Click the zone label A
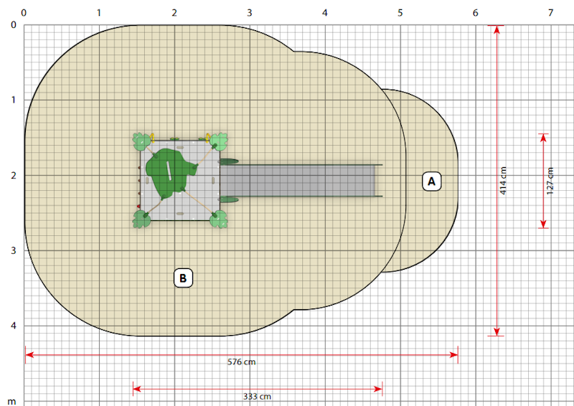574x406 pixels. pos(432,181)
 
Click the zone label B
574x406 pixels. pos(183,278)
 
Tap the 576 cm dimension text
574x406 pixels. pos(242,362)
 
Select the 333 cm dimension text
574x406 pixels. pos(257,397)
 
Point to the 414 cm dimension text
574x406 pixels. pos(503,181)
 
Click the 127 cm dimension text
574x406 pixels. pos(550,181)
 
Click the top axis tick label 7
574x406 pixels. pos(550,13)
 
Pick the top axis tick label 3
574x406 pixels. pos(249,13)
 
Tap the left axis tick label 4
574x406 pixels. pos(14,326)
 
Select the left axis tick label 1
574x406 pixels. pos(14,100)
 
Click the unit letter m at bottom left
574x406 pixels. pos(11,402)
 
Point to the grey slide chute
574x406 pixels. pos(297,181)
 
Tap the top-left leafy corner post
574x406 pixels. pos(141,142)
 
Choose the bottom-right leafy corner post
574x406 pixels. pos(219,219)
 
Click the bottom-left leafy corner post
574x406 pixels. pos(141,219)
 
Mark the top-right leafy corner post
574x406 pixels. pos(219,142)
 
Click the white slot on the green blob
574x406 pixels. pos(169,171)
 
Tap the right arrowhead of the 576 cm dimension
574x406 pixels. pos(454,355)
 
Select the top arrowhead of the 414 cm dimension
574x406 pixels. pos(497,29)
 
